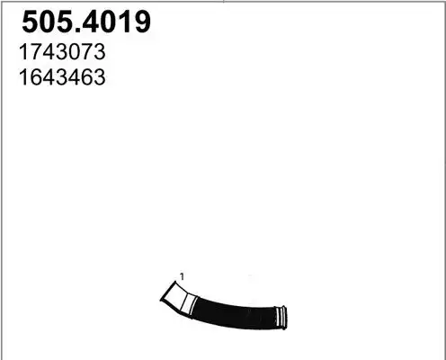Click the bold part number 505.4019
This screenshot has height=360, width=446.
(x=86, y=22)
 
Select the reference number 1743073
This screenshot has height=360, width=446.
(x=62, y=52)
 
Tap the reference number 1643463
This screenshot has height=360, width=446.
(x=62, y=77)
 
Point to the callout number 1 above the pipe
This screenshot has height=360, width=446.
(x=182, y=276)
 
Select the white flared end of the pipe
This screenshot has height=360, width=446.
(x=178, y=298)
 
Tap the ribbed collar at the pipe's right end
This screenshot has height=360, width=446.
(x=281, y=318)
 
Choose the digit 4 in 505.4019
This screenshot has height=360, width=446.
(x=92, y=22)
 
